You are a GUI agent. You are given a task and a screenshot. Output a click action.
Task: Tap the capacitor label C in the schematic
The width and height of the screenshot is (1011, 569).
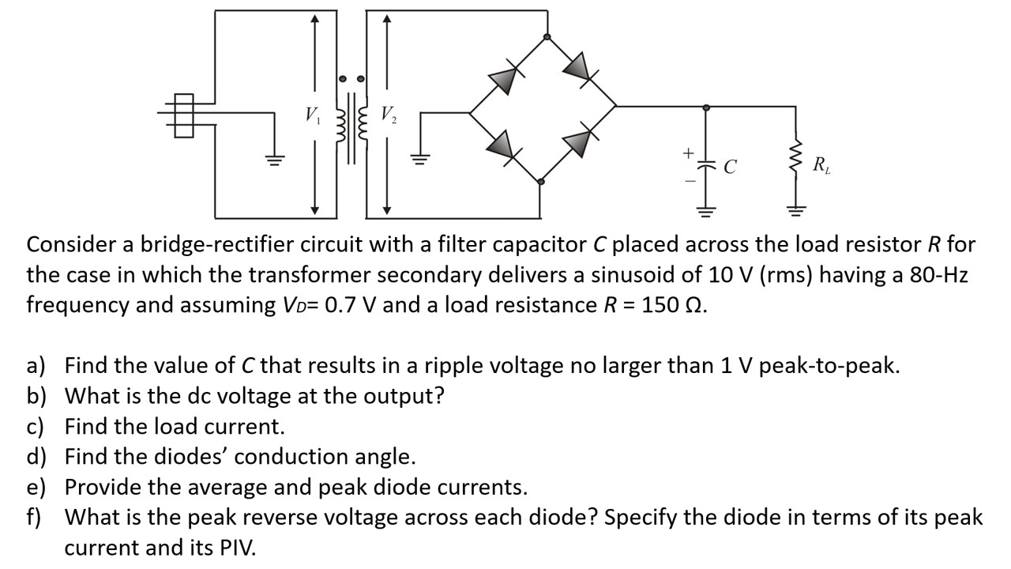[731, 167]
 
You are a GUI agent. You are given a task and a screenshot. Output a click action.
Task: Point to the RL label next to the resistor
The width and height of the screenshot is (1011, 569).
[821, 166]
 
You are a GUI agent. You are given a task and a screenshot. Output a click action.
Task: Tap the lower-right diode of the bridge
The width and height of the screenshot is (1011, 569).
[578, 143]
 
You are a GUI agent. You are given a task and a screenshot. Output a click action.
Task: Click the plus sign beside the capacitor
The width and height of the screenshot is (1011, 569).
[688, 151]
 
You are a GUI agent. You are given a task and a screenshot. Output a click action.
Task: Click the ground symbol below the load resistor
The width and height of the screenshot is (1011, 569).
[796, 211]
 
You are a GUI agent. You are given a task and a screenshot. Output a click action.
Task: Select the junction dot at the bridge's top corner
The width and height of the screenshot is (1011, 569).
[547, 37]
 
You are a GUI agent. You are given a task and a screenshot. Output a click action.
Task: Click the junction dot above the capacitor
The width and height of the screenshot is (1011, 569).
[705, 106]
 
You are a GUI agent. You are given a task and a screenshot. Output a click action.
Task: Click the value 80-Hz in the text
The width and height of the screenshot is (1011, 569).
[938, 275]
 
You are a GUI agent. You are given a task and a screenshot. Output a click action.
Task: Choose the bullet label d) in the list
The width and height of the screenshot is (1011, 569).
[36, 457]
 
